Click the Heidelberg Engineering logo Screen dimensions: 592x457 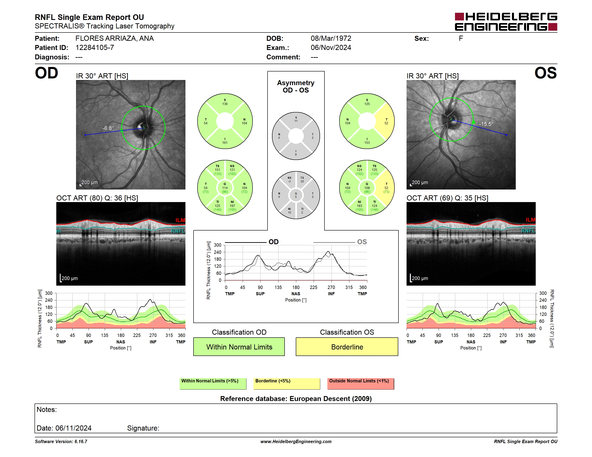pyautogui.click(x=506, y=22)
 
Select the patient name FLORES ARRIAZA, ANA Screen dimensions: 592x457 pyautogui.click(x=114, y=39)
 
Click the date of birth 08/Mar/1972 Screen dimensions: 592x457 pyautogui.click(x=331, y=39)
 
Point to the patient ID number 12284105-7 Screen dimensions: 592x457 pyautogui.click(x=95, y=48)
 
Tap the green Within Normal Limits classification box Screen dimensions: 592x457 pyautogui.click(x=239, y=347)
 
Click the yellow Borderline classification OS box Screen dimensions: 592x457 pyautogui.click(x=347, y=347)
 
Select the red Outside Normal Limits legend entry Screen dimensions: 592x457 pyautogui.click(x=361, y=383)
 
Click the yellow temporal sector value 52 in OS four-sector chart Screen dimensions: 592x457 pyautogui.click(x=386, y=123)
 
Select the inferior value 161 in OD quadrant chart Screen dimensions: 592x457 pyautogui.click(x=225, y=143)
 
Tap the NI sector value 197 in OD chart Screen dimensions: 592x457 pyautogui.click(x=232, y=206)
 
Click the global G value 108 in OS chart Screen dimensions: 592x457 pyautogui.click(x=367, y=188)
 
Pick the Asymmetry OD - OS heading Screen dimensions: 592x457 pyautogui.click(x=296, y=86)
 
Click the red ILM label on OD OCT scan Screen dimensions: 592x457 pyautogui.click(x=180, y=220)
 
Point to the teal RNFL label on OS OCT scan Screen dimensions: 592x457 pyautogui.click(x=528, y=231)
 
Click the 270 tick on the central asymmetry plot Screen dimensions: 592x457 pyautogui.click(x=331, y=287)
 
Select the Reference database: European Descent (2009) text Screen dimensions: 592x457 pyautogui.click(x=296, y=399)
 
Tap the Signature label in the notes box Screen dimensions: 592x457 pyautogui.click(x=143, y=428)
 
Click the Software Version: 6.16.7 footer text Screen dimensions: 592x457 pyautogui.click(x=61, y=442)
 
